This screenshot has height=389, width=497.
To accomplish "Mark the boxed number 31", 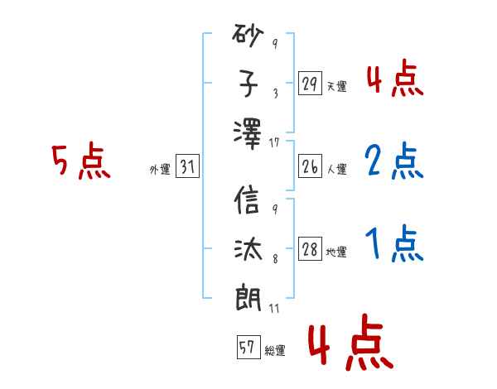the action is click(x=188, y=168).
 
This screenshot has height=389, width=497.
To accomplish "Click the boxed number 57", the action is click(x=247, y=348).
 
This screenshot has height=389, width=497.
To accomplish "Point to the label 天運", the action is click(x=336, y=86).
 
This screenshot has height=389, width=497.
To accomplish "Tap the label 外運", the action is click(x=159, y=170).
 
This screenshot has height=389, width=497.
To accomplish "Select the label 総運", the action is click(x=275, y=351).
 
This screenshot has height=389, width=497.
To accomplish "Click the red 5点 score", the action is click(x=80, y=161).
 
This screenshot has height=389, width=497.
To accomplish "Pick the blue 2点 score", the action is click(x=393, y=162).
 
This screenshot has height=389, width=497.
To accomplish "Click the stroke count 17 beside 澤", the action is click(x=275, y=143).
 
